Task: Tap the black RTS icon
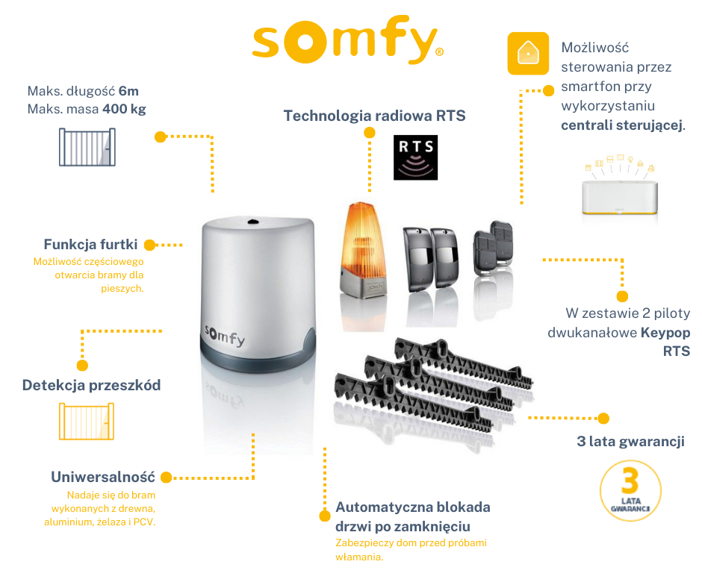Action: pyautogui.click(x=415, y=157)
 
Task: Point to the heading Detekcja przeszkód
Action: pyautogui.click(x=91, y=385)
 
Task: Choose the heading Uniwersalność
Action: pyautogui.click(x=103, y=477)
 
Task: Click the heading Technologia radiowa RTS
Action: pyautogui.click(x=374, y=116)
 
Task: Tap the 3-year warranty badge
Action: pyautogui.click(x=630, y=490)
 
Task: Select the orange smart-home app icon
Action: pyautogui.click(x=528, y=53)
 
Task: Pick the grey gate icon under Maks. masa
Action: pyautogui.click(x=87, y=146)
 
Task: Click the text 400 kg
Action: pyautogui.click(x=123, y=109)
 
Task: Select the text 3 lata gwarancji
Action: pyautogui.click(x=630, y=441)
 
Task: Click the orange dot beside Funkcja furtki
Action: pyautogui.click(x=149, y=245)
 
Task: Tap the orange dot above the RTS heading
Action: pyautogui.click(x=369, y=132)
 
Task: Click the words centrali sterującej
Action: pyautogui.click(x=621, y=125)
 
